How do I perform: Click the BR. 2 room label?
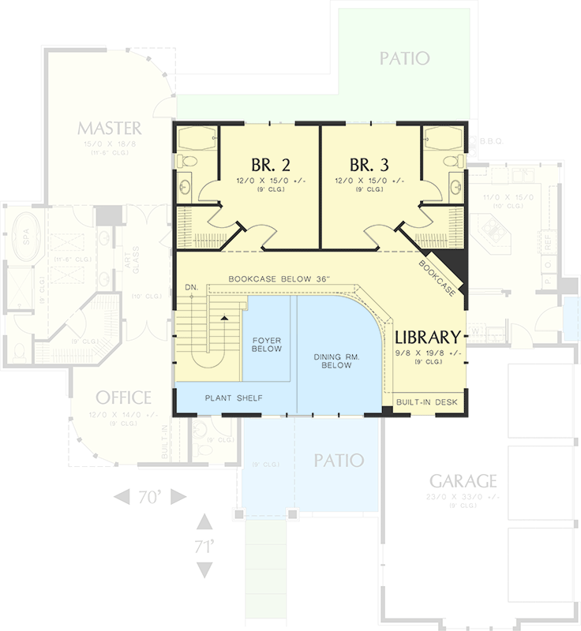pos(271,165)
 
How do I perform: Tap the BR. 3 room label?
pos(369,165)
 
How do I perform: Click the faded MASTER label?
pos(110,128)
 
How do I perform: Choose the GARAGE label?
pos(463,480)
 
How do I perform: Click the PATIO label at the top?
pos(403,58)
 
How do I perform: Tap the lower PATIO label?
pos(338,460)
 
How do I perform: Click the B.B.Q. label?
pos(490,143)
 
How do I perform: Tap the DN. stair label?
pos(190,286)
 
